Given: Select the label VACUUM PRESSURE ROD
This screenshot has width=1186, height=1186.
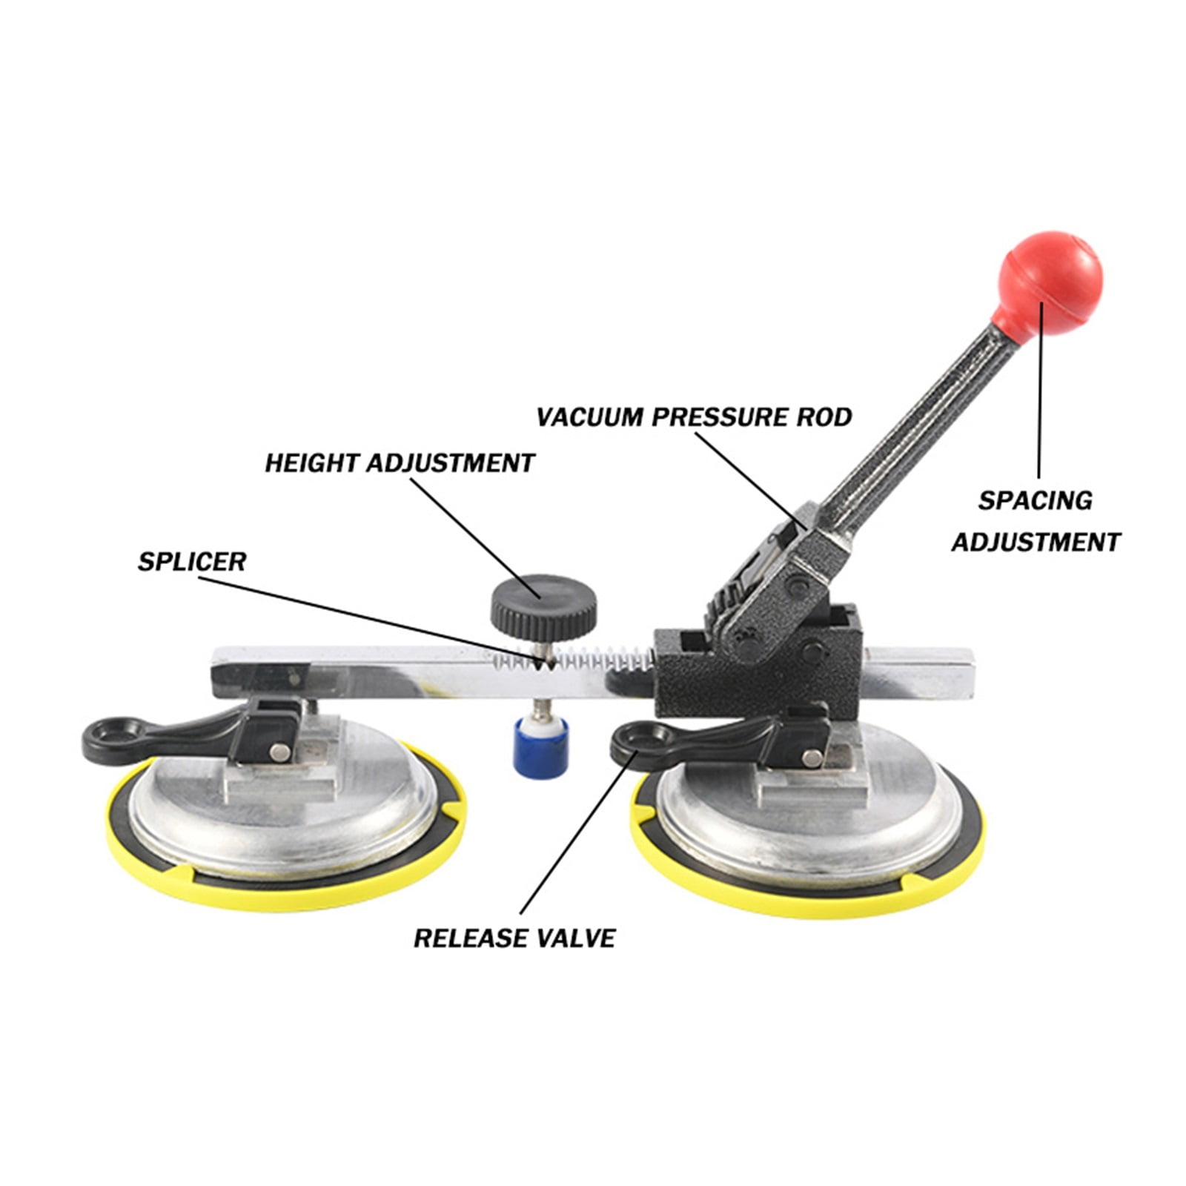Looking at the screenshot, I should click(693, 417).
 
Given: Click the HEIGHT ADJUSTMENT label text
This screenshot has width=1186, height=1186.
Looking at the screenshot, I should click(400, 463).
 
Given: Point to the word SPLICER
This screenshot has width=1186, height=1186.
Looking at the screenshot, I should click(191, 562).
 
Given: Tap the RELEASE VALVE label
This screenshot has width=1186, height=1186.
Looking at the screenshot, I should click(514, 938).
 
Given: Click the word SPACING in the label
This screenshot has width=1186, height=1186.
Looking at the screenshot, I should click(1035, 501).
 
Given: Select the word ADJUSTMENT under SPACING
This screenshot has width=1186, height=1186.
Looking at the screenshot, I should click(1036, 543).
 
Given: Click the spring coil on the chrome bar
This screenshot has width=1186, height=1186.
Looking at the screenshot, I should click(593, 658).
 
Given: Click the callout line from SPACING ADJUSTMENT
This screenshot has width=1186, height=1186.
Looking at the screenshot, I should click(1040, 393).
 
